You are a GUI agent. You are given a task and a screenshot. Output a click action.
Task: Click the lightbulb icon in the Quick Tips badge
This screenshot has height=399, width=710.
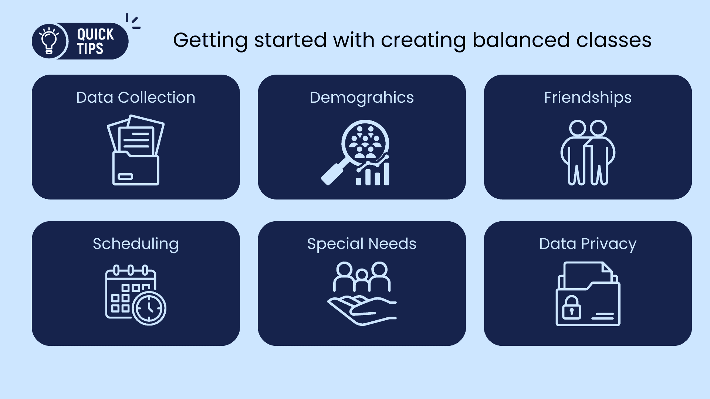pyautogui.click(x=49, y=41)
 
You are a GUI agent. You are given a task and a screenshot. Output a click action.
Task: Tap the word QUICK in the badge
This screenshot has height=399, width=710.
pyautogui.click(x=95, y=34)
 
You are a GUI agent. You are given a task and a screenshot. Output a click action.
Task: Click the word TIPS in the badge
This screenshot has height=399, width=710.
pyautogui.click(x=90, y=49)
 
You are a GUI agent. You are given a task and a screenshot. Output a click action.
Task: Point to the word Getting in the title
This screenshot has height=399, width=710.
pyautogui.click(x=210, y=41)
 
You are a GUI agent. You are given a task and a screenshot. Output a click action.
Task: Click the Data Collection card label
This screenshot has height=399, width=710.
pyautogui.click(x=136, y=98)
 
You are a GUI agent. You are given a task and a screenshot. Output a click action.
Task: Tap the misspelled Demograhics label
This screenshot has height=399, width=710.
pyautogui.click(x=362, y=98)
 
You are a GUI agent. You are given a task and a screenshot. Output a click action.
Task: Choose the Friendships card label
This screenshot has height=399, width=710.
pyautogui.click(x=588, y=98)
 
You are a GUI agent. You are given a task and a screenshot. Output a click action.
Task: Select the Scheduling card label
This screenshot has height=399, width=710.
pyautogui.click(x=136, y=244)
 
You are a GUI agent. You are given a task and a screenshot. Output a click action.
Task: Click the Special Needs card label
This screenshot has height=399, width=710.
pyautogui.click(x=362, y=244)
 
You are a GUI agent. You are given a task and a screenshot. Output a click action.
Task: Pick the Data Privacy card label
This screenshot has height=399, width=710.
pyautogui.click(x=588, y=244)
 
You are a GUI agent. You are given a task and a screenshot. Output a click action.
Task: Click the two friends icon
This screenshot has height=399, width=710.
pyautogui.click(x=588, y=152)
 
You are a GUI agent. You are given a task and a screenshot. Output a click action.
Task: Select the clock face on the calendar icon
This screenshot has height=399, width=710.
pyautogui.click(x=149, y=308)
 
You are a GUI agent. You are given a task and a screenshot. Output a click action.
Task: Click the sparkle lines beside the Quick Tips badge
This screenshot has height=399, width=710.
pyautogui.click(x=133, y=21)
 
